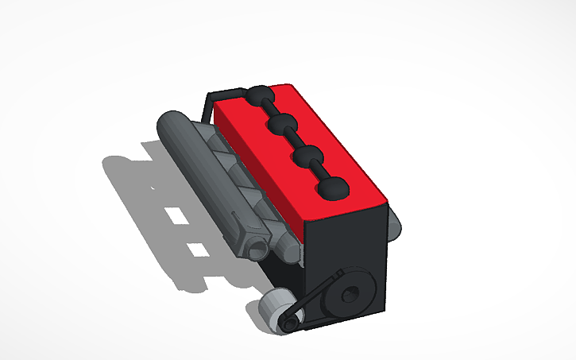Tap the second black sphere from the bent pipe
pyautogui.click(x=282, y=124)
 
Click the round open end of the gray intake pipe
pyautogui.click(x=257, y=248)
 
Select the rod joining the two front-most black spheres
pyautogui.click(x=321, y=172)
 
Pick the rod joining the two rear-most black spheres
pyautogui.click(x=271, y=109)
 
